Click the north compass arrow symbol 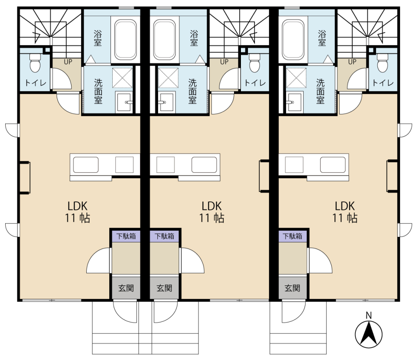coord(368,334)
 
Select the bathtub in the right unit coord(293,39)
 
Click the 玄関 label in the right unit coord(292,288)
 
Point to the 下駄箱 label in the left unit coord(126,236)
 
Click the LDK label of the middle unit coord(211,206)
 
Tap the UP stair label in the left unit coord(68,62)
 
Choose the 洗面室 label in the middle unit coord(192,91)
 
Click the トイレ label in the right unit coord(383,83)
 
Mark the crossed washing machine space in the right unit coord(296,78)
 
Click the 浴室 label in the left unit coord(97,38)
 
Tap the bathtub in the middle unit coord(164,39)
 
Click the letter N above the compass coord(368,315)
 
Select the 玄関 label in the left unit coord(126,288)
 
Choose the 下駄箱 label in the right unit coord(292,236)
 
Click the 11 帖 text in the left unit coord(78,218)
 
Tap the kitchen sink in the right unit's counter coord(333,165)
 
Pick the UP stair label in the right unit coord(352,62)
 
